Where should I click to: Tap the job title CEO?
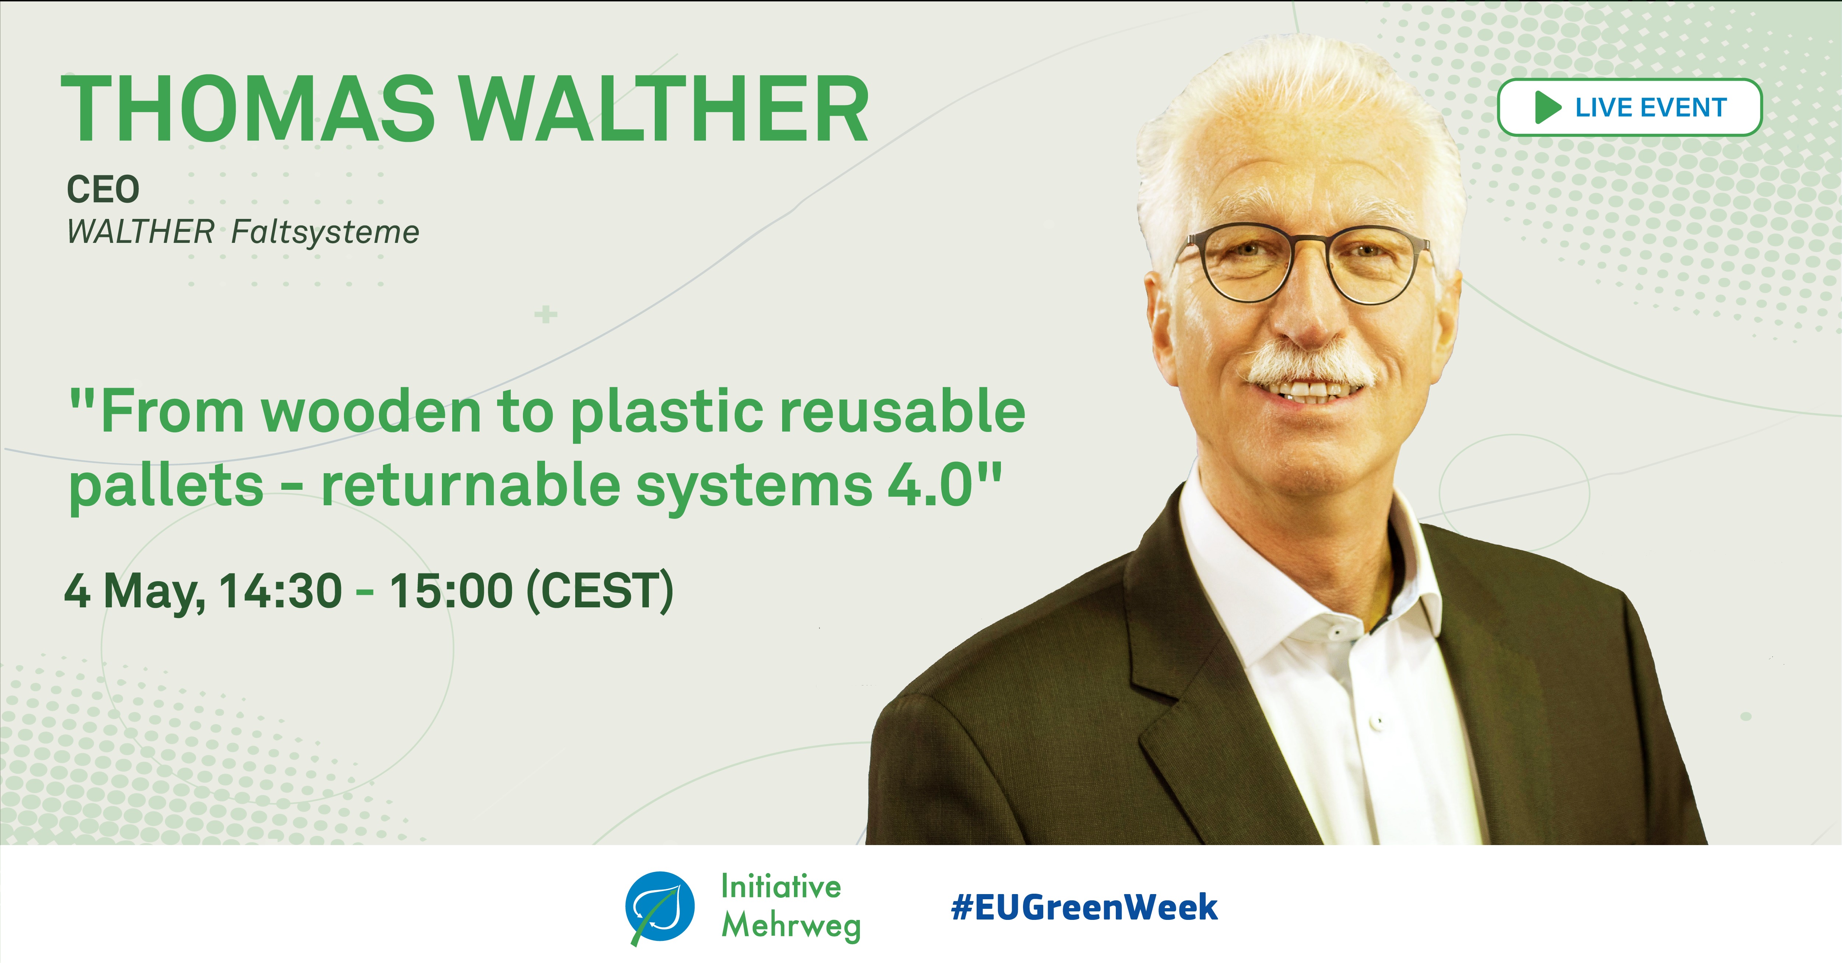(x=103, y=189)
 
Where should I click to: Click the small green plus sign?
(x=546, y=314)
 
